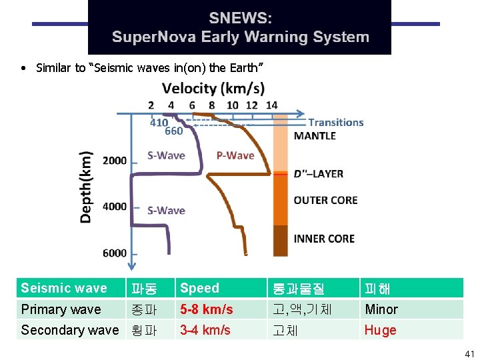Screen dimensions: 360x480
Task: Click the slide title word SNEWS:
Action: [240, 18]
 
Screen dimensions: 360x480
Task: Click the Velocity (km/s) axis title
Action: [213, 88]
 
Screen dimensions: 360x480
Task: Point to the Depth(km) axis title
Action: [87, 187]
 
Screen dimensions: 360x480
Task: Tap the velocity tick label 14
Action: [271, 105]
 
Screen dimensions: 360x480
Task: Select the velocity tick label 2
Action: [151, 105]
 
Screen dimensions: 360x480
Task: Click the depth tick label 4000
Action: [115, 206]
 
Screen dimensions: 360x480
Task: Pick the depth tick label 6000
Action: [115, 253]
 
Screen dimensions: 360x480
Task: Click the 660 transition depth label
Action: [173, 131]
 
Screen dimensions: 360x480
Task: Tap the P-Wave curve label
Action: [235, 155]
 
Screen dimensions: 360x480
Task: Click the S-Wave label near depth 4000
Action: [166, 210]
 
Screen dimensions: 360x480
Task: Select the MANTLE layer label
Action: [315, 136]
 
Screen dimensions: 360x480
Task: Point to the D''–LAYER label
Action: [319, 174]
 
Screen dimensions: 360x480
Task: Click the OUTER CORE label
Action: [325, 200]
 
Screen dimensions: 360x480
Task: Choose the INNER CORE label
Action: [324, 239]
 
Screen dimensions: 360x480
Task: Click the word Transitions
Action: [335, 122]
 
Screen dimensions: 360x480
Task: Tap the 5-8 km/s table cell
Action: [207, 309]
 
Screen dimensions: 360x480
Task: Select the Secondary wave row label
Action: [70, 330]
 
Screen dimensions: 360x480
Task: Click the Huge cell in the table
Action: [380, 330]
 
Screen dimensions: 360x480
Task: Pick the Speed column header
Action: [199, 288]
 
